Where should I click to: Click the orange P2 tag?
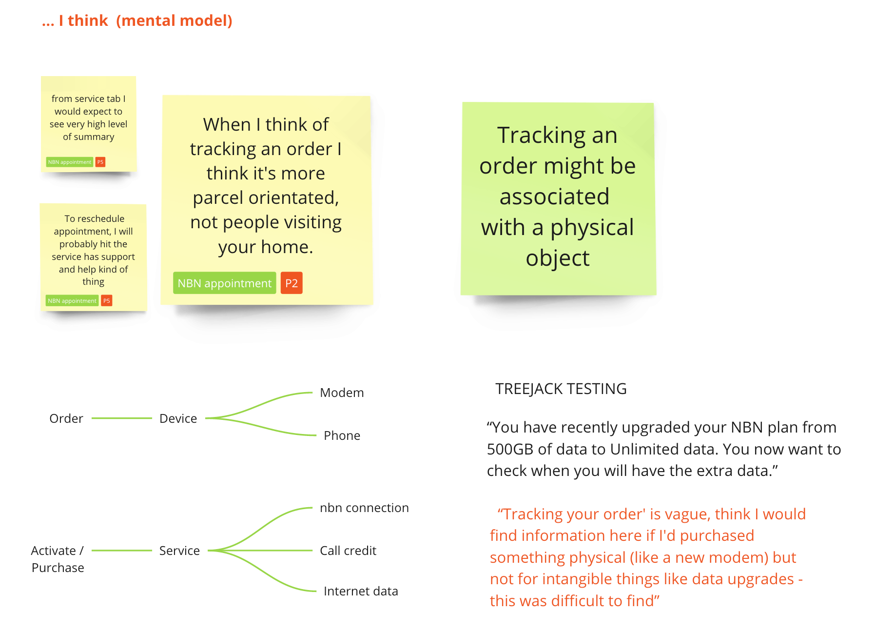tap(292, 283)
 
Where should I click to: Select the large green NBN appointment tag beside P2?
tap(225, 283)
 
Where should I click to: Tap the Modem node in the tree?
tap(342, 393)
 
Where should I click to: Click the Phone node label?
tap(342, 435)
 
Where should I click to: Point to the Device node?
tap(178, 418)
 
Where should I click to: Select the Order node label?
tap(66, 418)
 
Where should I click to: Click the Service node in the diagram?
tap(179, 551)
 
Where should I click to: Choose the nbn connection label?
tap(364, 508)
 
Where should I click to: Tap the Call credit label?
tap(348, 551)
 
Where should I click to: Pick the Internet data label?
tap(361, 591)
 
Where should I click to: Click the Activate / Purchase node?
tap(58, 559)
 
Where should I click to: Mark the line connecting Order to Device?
tap(122, 418)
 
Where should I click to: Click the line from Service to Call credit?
tap(260, 551)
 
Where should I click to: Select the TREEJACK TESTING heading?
tap(561, 389)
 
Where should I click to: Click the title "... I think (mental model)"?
tap(137, 20)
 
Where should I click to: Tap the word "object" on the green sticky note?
tap(558, 258)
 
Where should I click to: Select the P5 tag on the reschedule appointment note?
tap(107, 301)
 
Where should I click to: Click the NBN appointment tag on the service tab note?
tap(70, 162)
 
